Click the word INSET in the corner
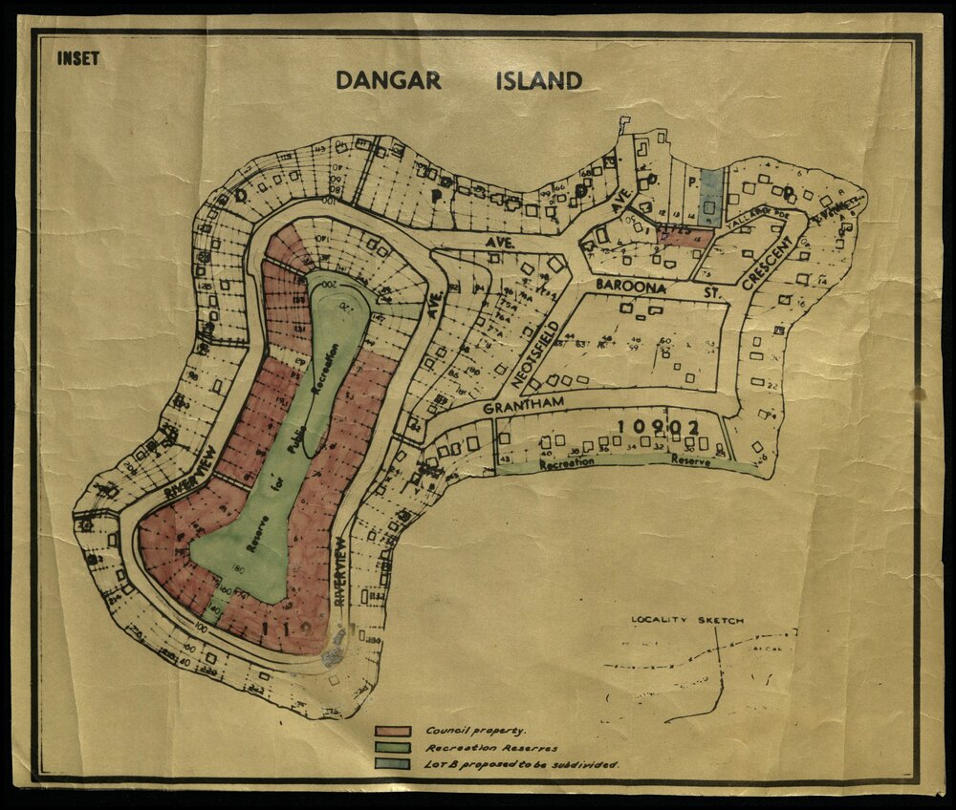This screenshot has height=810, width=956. tap(77, 58)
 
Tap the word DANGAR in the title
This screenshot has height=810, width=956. tap(388, 80)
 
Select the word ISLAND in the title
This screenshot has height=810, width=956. tap(538, 80)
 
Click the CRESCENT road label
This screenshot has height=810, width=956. tap(763, 257)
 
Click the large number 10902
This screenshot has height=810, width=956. tap(660, 427)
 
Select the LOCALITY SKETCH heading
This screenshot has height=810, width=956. tap(686, 620)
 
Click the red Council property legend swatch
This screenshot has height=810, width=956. tap(393, 731)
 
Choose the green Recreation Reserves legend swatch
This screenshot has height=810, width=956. tap(393, 747)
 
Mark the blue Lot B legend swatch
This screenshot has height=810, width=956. tap(393, 763)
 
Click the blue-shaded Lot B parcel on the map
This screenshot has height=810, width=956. tap(709, 195)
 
